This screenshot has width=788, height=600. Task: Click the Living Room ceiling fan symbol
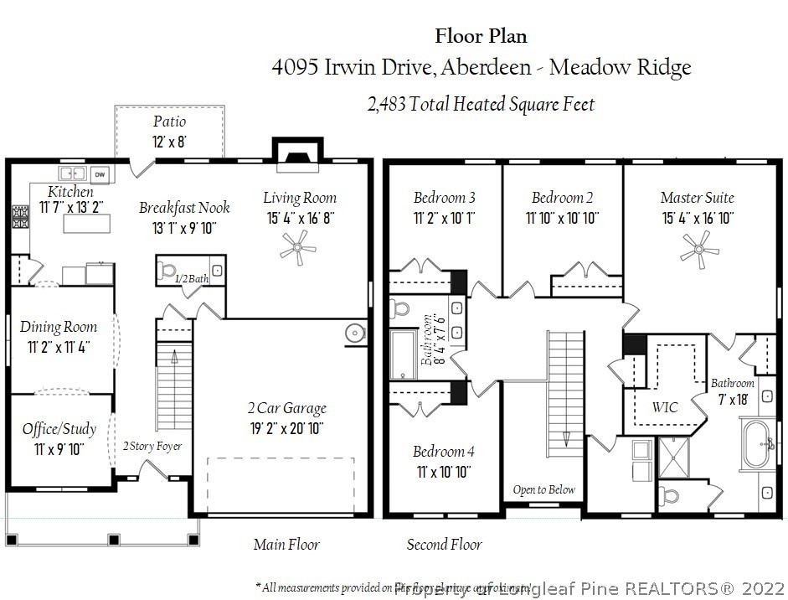coord(299,247)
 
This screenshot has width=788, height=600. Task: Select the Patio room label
coord(169,122)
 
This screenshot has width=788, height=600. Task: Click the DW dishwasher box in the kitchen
coord(100,173)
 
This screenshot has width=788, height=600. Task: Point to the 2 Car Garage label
coord(286,408)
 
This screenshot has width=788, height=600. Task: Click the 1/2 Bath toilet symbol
coord(166,271)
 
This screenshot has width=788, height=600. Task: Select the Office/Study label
coord(59,429)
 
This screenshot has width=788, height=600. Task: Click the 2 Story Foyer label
coord(152,446)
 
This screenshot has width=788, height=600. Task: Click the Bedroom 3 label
coord(445,198)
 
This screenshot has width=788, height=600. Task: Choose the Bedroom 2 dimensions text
coord(563,218)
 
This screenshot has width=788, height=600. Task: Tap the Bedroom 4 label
coord(444,452)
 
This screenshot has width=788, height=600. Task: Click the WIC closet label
coord(665,407)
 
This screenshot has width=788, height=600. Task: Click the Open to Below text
coord(544,489)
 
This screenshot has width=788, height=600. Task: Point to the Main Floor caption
coord(287,545)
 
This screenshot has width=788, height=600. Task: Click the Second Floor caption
coord(445,545)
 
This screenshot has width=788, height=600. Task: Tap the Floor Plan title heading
coord(481,35)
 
